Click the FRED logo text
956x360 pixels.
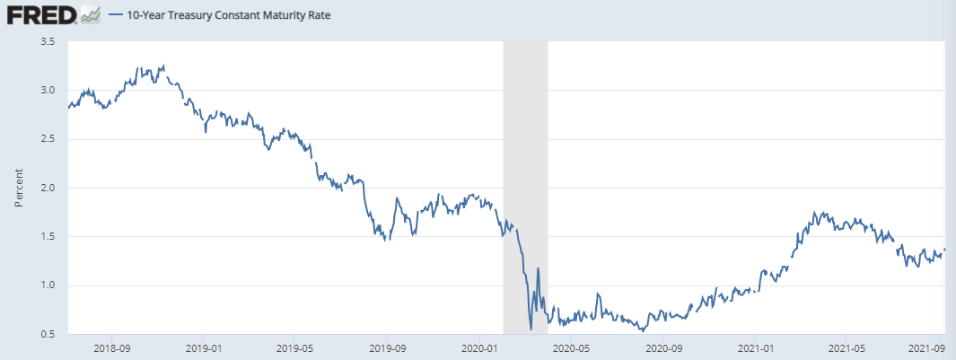tap(40, 14)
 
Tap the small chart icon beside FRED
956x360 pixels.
tap(90, 14)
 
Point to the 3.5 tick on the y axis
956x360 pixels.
tap(48, 41)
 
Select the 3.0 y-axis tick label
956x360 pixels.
tap(48, 90)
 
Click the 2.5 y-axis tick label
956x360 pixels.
tap(48, 139)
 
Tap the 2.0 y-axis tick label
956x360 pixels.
tap(48, 188)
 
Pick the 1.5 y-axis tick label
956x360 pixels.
tap(48, 236)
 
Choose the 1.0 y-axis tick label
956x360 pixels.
tap(48, 285)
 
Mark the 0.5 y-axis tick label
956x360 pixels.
tap(48, 334)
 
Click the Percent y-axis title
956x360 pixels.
tap(19, 188)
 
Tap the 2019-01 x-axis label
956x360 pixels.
tap(204, 346)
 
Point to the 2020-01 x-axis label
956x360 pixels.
tap(478, 346)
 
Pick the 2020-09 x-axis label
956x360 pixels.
tap(661, 346)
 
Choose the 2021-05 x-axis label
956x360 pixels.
tap(845, 346)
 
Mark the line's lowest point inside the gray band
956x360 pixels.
tap(531, 329)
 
